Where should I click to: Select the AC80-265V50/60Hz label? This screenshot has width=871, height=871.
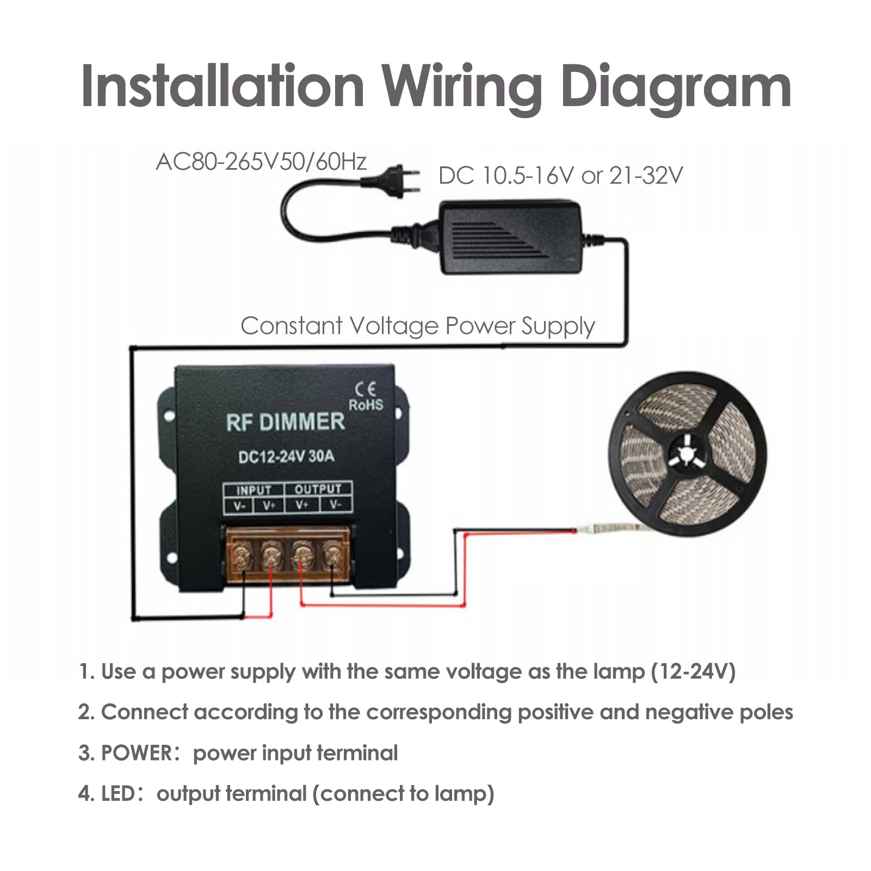pyautogui.click(x=261, y=162)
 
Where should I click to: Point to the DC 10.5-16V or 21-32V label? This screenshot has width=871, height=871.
pyautogui.click(x=560, y=175)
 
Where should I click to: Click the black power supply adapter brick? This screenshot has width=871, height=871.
pyautogui.click(x=511, y=237)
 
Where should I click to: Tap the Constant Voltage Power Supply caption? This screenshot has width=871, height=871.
pyautogui.click(x=418, y=326)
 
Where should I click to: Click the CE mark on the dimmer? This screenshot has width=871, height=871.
pyautogui.click(x=365, y=390)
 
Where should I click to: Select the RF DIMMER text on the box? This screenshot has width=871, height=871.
pyautogui.click(x=286, y=422)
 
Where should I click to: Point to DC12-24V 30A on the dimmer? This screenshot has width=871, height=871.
pyautogui.click(x=286, y=456)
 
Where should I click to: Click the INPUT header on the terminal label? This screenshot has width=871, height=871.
pyautogui.click(x=254, y=490)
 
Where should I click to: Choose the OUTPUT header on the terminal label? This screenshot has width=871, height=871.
pyautogui.click(x=318, y=489)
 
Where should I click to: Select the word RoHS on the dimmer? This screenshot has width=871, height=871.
pyautogui.click(x=366, y=405)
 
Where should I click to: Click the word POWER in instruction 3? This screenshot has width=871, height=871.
pyautogui.click(x=137, y=753)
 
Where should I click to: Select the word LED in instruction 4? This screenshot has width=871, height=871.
pyautogui.click(x=118, y=793)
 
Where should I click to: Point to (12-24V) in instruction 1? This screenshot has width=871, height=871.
pyautogui.click(x=694, y=671)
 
